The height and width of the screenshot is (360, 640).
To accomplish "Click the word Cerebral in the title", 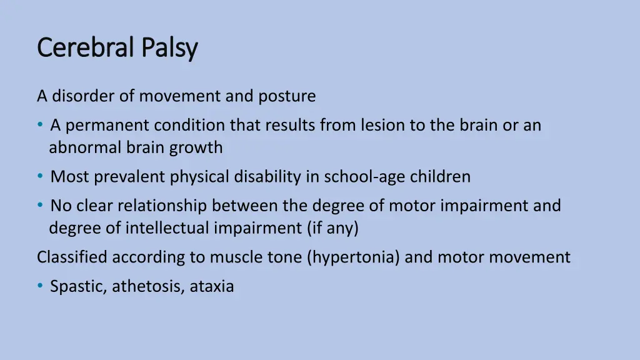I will click(86, 48).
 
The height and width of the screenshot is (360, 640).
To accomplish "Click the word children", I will click(440, 177).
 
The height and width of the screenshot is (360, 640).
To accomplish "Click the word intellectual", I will click(169, 228).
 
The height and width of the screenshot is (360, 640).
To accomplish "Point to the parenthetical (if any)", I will click(332, 228).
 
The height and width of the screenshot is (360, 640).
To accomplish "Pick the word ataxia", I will click(212, 287).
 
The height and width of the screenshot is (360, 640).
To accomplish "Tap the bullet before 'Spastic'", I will click(40, 287).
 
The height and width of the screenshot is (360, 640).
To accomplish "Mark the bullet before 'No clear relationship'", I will click(40, 206).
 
